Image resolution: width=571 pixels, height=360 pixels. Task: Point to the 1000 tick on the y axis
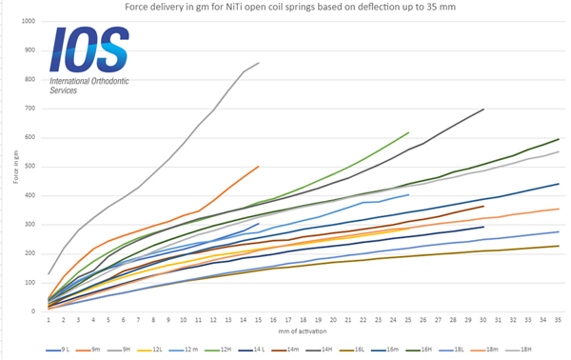tap(27, 21)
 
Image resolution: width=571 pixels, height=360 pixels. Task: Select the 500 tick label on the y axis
tap(29, 167)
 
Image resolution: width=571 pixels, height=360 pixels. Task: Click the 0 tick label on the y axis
tap(33, 311)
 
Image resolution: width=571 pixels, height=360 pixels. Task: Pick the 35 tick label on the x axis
tap(558, 321)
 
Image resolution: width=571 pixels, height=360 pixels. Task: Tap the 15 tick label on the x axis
tap(258, 321)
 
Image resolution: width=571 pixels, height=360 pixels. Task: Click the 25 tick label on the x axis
tap(408, 321)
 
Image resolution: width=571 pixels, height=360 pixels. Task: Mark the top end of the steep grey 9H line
tap(258, 63)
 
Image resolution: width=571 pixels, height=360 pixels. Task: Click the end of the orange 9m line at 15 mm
tap(258, 167)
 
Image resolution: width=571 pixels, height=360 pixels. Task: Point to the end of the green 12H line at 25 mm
tap(408, 133)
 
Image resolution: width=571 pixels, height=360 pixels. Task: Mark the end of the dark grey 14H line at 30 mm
tap(483, 109)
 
